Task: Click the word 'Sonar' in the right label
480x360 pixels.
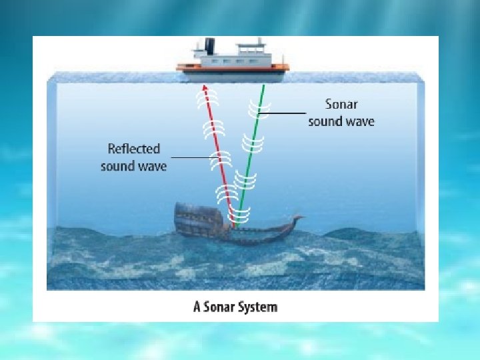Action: (341, 104)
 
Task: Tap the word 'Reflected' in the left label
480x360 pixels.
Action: (133, 149)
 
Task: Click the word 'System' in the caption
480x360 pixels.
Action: (257, 307)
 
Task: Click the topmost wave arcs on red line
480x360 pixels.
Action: (207, 100)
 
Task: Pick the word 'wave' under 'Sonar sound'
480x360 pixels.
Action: (359, 121)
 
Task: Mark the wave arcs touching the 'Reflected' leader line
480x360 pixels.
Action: (219, 159)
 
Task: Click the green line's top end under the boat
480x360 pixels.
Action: (264, 85)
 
